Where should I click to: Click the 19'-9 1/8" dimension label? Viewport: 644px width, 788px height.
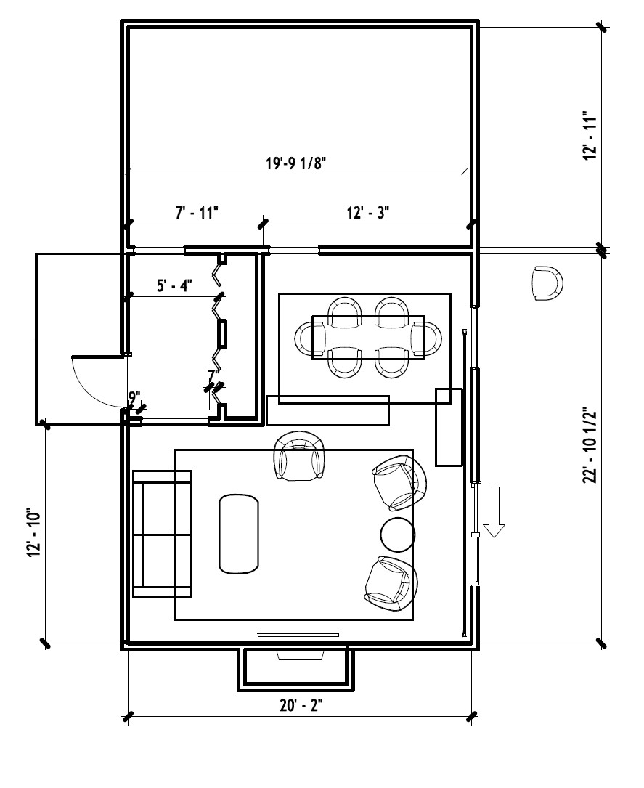pos(296,163)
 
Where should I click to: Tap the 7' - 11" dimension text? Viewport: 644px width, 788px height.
pos(197,213)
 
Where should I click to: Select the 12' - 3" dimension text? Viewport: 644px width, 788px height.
pos(368,213)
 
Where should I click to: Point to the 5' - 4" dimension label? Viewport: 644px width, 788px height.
pos(174,286)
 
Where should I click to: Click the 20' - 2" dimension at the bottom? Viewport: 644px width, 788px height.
pos(301,706)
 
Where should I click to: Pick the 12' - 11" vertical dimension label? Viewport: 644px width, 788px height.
pos(590,136)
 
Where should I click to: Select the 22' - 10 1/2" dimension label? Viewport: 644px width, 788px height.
pos(590,444)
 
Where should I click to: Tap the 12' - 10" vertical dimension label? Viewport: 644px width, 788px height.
pos(33,534)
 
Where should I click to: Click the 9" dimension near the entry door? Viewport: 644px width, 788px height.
pos(134,398)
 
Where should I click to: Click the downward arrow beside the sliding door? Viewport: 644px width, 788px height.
pos(494,511)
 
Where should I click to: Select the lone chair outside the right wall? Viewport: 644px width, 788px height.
pos(547,284)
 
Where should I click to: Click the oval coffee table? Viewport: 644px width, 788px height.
pos(239,534)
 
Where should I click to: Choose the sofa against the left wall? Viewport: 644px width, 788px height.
pos(162,535)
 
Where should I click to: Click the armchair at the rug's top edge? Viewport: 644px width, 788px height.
pos(299,456)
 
